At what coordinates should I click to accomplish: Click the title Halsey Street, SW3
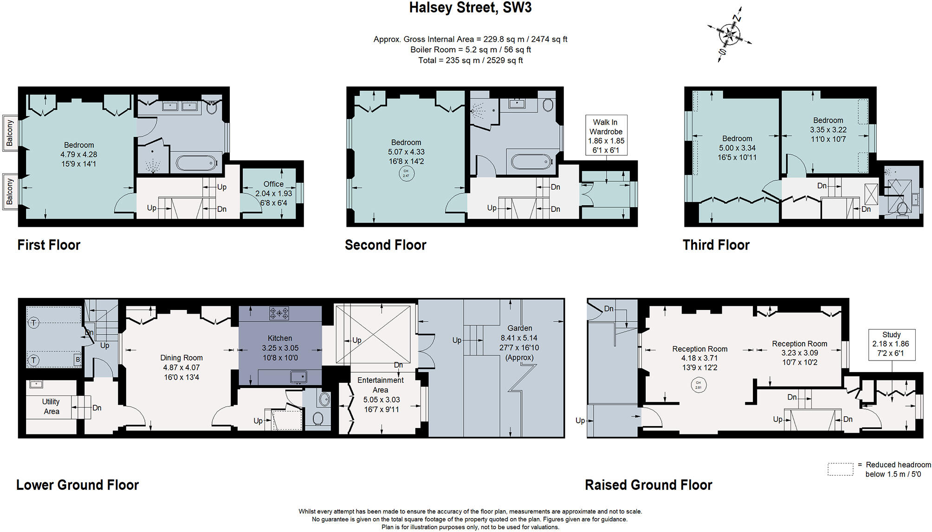coord(470,8)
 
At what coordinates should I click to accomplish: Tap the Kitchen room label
coord(280,338)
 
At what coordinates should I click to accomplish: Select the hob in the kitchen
coord(279,313)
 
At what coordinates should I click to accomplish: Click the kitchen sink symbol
coord(298,376)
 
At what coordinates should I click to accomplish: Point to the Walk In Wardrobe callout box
coord(606,135)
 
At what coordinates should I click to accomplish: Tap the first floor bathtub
coord(196,163)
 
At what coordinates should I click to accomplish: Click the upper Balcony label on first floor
coord(10,133)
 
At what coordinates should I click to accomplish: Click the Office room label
coord(273,184)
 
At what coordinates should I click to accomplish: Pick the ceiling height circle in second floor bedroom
coord(406,173)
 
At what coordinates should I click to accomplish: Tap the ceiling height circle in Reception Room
coord(698,385)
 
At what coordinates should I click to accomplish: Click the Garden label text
coord(519,328)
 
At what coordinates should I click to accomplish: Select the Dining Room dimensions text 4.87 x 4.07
coord(181,368)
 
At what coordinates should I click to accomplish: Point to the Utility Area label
coord(51,407)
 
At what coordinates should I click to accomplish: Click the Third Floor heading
coord(716,245)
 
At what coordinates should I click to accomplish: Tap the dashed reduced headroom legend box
coord(840,469)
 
